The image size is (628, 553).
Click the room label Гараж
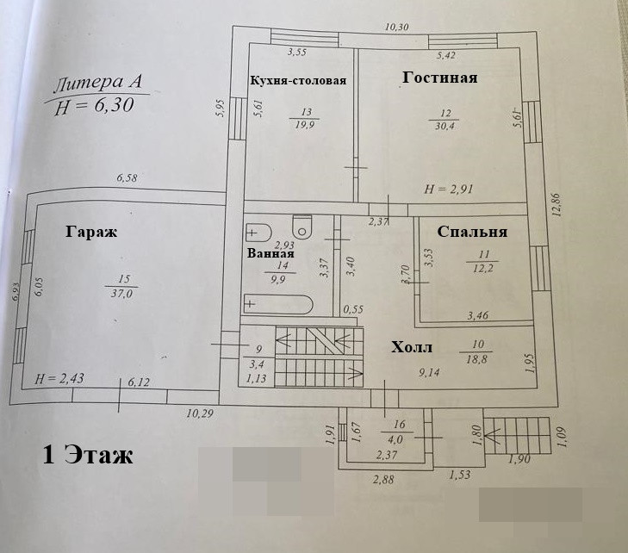[90, 232]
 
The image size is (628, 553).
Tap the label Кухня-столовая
[298, 81]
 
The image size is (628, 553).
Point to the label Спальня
[472, 232]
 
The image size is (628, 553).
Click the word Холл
[412, 348]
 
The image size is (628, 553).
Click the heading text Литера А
[97, 84]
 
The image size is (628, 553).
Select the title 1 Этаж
[88, 455]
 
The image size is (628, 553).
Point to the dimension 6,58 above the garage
[127, 179]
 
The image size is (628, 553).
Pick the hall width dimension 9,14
[430, 374]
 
